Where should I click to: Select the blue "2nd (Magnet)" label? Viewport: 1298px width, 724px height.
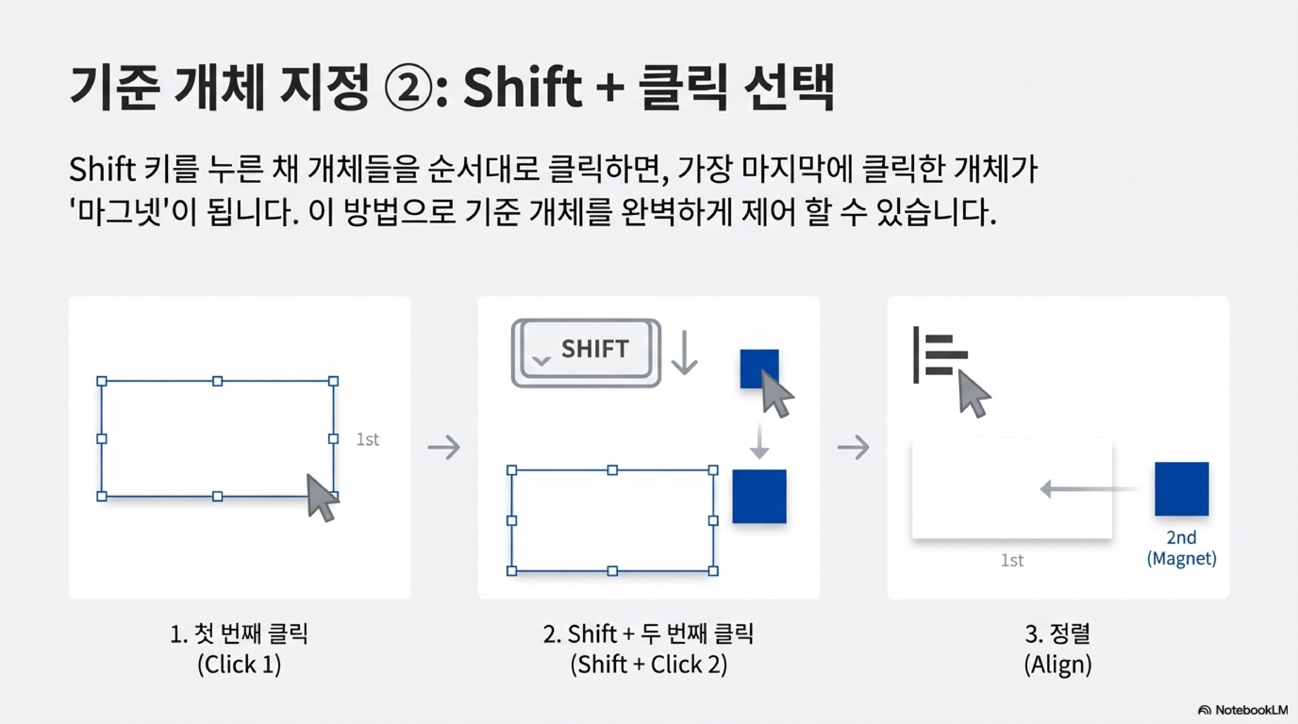click(x=1182, y=548)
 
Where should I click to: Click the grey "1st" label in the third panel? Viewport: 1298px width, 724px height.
click(x=1012, y=560)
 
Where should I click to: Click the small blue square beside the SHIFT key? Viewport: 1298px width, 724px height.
click(x=759, y=369)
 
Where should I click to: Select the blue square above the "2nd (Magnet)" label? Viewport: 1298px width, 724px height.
click(x=1182, y=488)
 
